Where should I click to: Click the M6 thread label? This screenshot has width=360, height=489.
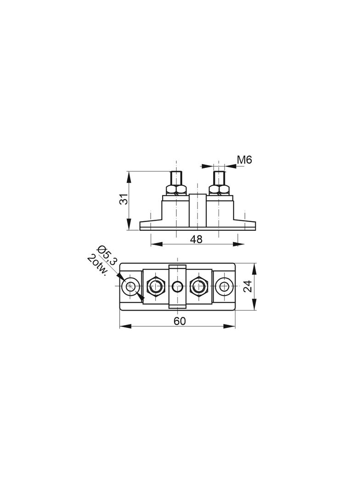tap(244, 160)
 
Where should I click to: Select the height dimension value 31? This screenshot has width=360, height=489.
tap(124, 199)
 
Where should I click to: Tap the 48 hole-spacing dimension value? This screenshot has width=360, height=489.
tap(197, 239)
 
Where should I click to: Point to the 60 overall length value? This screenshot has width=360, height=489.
tap(180, 321)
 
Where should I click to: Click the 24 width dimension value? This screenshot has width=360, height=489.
tap(247, 286)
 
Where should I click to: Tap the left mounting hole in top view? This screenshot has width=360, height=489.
tap(130, 286)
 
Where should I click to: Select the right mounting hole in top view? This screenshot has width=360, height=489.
tap(224, 286)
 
